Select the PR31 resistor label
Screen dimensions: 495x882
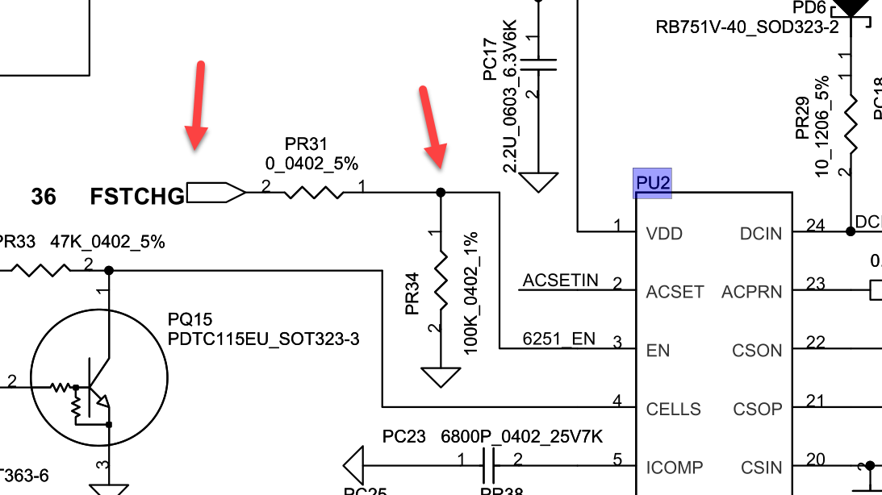point(307,144)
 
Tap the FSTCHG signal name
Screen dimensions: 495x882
point(137,196)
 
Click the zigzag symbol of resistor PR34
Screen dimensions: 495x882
point(441,277)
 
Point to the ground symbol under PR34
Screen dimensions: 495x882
point(441,376)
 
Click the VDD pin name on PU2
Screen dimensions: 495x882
point(664,234)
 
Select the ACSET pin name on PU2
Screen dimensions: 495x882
point(675,292)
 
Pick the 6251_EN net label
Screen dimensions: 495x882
point(559,339)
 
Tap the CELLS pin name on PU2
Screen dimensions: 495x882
point(673,409)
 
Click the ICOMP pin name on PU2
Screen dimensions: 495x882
point(674,467)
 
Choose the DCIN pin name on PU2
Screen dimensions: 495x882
point(761,234)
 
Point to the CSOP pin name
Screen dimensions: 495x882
point(758,409)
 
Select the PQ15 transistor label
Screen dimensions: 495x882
point(190,320)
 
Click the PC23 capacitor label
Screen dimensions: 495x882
point(403,437)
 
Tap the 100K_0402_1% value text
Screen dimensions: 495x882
point(471,293)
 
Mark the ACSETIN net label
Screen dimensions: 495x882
point(560,281)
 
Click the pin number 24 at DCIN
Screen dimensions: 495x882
point(816,226)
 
